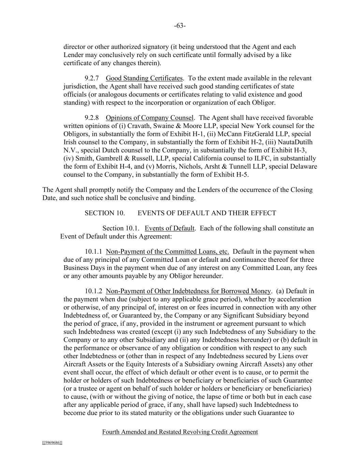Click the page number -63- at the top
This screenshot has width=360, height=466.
pyautogui.click(x=179, y=26)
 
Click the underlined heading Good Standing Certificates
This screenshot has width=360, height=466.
pyautogui.click(x=144, y=78)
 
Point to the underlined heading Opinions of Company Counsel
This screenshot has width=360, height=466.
pyautogui.click(x=149, y=118)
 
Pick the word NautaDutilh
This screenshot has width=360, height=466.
pyautogui.click(x=296, y=142)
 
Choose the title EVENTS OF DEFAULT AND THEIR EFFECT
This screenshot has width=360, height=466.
pyautogui.click(x=207, y=213)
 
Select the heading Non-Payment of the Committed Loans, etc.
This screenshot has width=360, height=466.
pyautogui.click(x=167, y=252)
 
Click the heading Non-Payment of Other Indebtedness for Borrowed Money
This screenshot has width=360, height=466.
pyautogui.click(x=188, y=291)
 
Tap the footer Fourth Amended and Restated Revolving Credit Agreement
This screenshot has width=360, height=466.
pyautogui.click(x=180, y=432)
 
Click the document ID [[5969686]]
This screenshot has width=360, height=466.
pyautogui.click(x=52, y=443)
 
